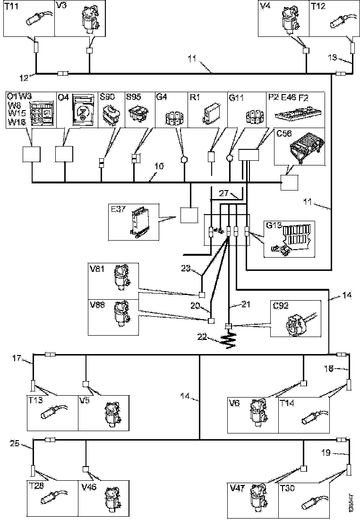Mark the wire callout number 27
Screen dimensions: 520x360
(223, 192)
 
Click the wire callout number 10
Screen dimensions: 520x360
(159, 166)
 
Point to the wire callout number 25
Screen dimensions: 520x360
(15, 443)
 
